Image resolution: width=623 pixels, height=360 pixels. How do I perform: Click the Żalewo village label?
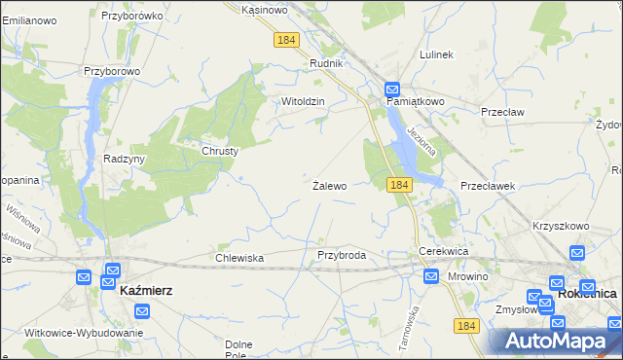329,185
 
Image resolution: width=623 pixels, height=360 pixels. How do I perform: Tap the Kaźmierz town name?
145,290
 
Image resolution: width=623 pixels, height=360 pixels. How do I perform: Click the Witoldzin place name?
302,101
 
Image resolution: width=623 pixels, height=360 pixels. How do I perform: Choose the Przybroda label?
342,255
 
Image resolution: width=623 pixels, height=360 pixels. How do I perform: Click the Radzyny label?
125,160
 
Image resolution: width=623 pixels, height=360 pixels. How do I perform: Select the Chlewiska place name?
239,258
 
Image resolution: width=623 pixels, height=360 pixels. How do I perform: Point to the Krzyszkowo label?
561,226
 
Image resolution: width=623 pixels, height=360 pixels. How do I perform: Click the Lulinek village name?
436,54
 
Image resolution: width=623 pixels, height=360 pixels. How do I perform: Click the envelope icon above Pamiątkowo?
392,88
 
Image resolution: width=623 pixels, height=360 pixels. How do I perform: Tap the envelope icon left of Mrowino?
431,276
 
